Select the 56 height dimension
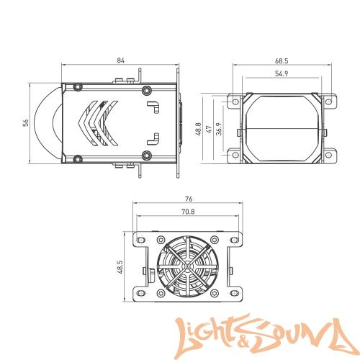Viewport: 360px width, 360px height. click(25, 123)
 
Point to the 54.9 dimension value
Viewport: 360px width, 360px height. click(282, 73)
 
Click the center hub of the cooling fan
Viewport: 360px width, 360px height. click(188, 266)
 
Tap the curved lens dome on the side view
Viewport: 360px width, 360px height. click(51, 123)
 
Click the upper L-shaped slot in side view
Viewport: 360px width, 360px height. click(154, 106)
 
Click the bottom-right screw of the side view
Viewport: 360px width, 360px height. click(147, 156)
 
